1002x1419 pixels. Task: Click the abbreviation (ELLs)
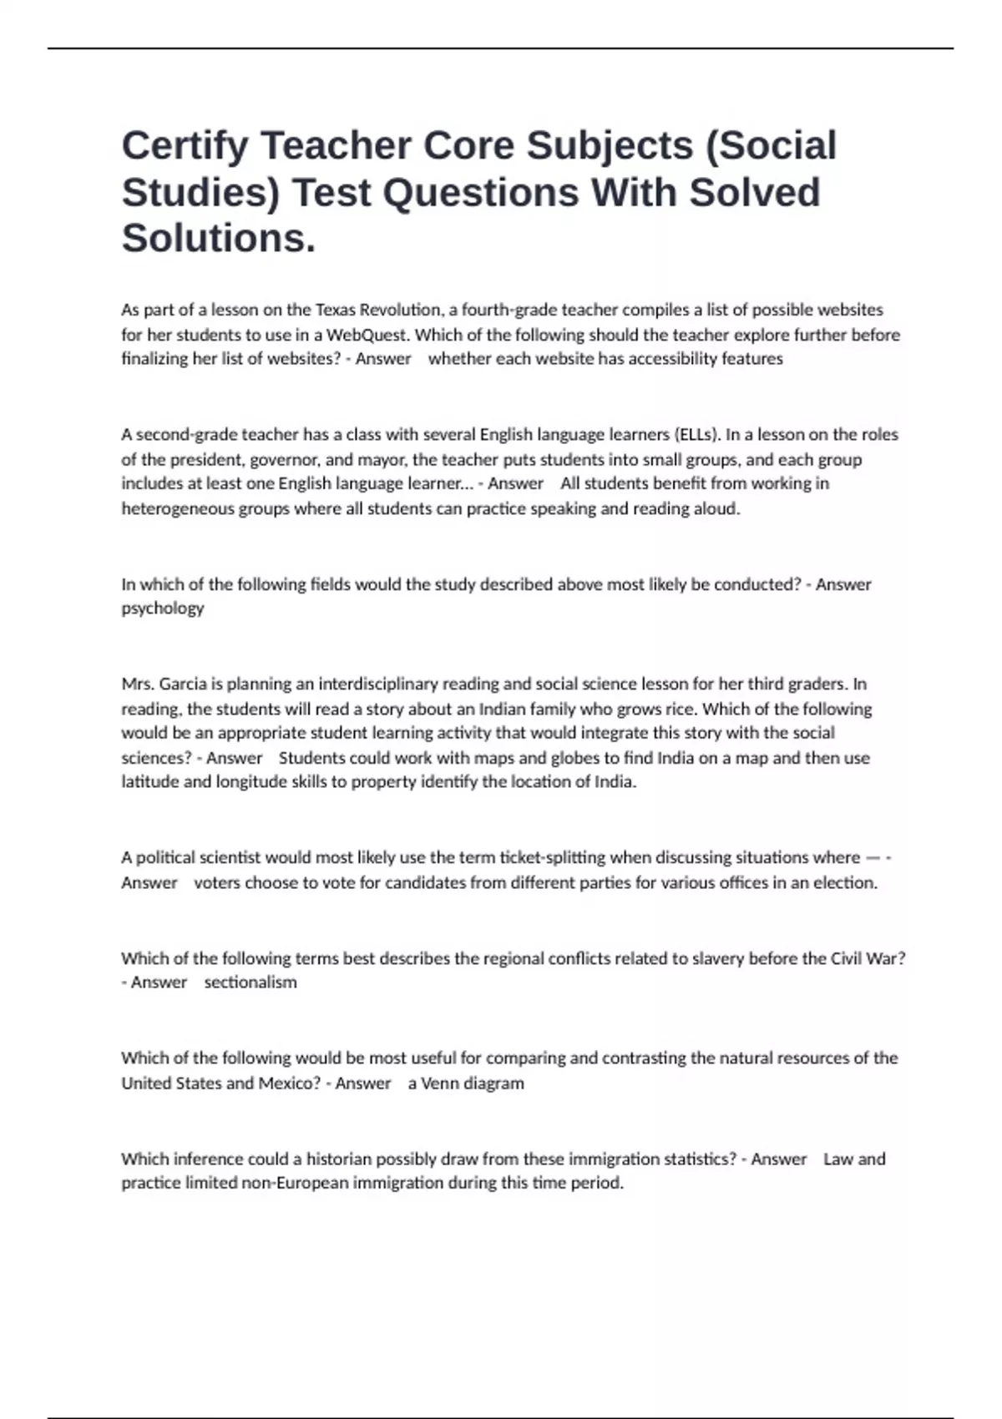[x=696, y=435]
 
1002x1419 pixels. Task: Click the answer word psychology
[x=162, y=609]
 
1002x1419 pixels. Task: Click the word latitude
[x=149, y=783]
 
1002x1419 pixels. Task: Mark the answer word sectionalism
[x=250, y=982]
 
